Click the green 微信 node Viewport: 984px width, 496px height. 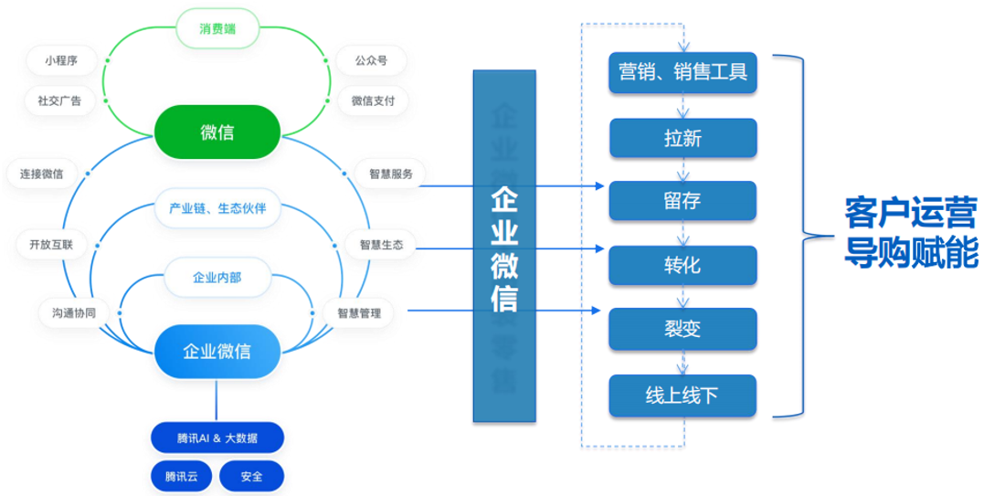(x=217, y=132)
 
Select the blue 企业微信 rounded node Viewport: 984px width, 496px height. (x=217, y=352)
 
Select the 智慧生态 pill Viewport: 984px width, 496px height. (x=381, y=245)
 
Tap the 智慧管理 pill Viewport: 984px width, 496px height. (x=359, y=313)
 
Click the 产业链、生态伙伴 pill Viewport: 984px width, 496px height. (x=217, y=208)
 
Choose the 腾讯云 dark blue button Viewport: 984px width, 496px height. (x=181, y=476)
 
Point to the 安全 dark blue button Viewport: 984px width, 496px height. (x=251, y=476)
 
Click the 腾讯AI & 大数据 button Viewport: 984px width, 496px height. (x=217, y=438)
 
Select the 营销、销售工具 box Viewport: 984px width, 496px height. (x=682, y=71)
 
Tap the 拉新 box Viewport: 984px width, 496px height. (x=682, y=139)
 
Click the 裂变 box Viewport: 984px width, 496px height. (x=682, y=330)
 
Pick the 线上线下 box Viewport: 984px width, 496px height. (x=682, y=396)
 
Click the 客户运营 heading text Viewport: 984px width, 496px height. (x=910, y=211)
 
